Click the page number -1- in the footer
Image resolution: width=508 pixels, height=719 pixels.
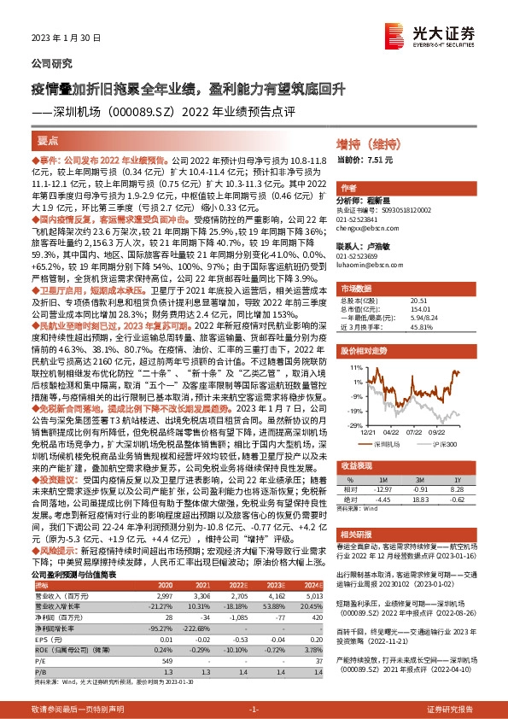(x=254, y=710)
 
